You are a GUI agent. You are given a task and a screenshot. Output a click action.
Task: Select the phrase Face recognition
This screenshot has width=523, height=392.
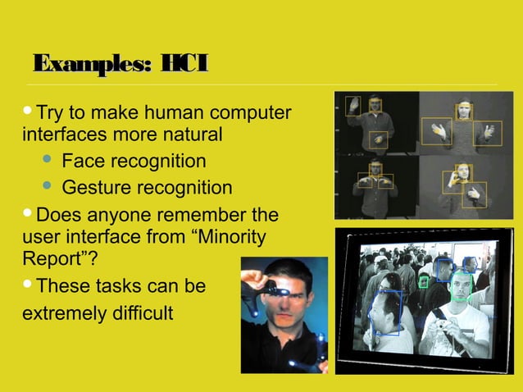click(x=134, y=161)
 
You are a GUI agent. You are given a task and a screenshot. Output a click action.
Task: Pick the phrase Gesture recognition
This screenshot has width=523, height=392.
click(x=147, y=188)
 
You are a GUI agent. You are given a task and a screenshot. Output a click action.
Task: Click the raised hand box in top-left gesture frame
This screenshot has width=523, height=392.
click(x=352, y=105)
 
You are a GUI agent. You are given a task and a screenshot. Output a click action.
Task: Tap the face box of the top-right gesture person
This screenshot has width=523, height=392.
click(x=464, y=111)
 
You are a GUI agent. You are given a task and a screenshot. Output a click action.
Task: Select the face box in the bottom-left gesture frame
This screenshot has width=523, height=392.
click(x=375, y=169)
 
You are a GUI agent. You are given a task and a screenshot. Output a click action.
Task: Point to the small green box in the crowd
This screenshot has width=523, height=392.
click(x=424, y=281)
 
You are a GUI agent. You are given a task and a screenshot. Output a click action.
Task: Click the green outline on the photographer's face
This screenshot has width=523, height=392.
click(x=461, y=285)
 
